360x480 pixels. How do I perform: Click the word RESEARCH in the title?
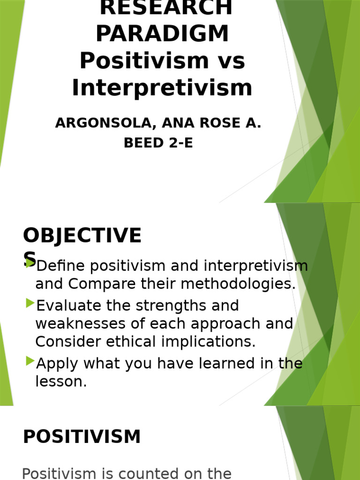[x=166, y=7]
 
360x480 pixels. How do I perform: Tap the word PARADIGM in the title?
[x=163, y=34]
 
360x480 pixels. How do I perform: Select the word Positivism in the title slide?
[x=137, y=61]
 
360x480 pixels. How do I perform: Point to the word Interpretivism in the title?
[x=162, y=88]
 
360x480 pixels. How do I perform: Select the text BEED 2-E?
[x=158, y=143]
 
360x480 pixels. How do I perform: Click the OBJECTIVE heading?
[x=82, y=236]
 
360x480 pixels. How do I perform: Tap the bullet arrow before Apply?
[x=30, y=361]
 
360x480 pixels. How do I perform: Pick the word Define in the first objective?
[x=60, y=266]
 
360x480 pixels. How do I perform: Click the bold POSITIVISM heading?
[x=82, y=437]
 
